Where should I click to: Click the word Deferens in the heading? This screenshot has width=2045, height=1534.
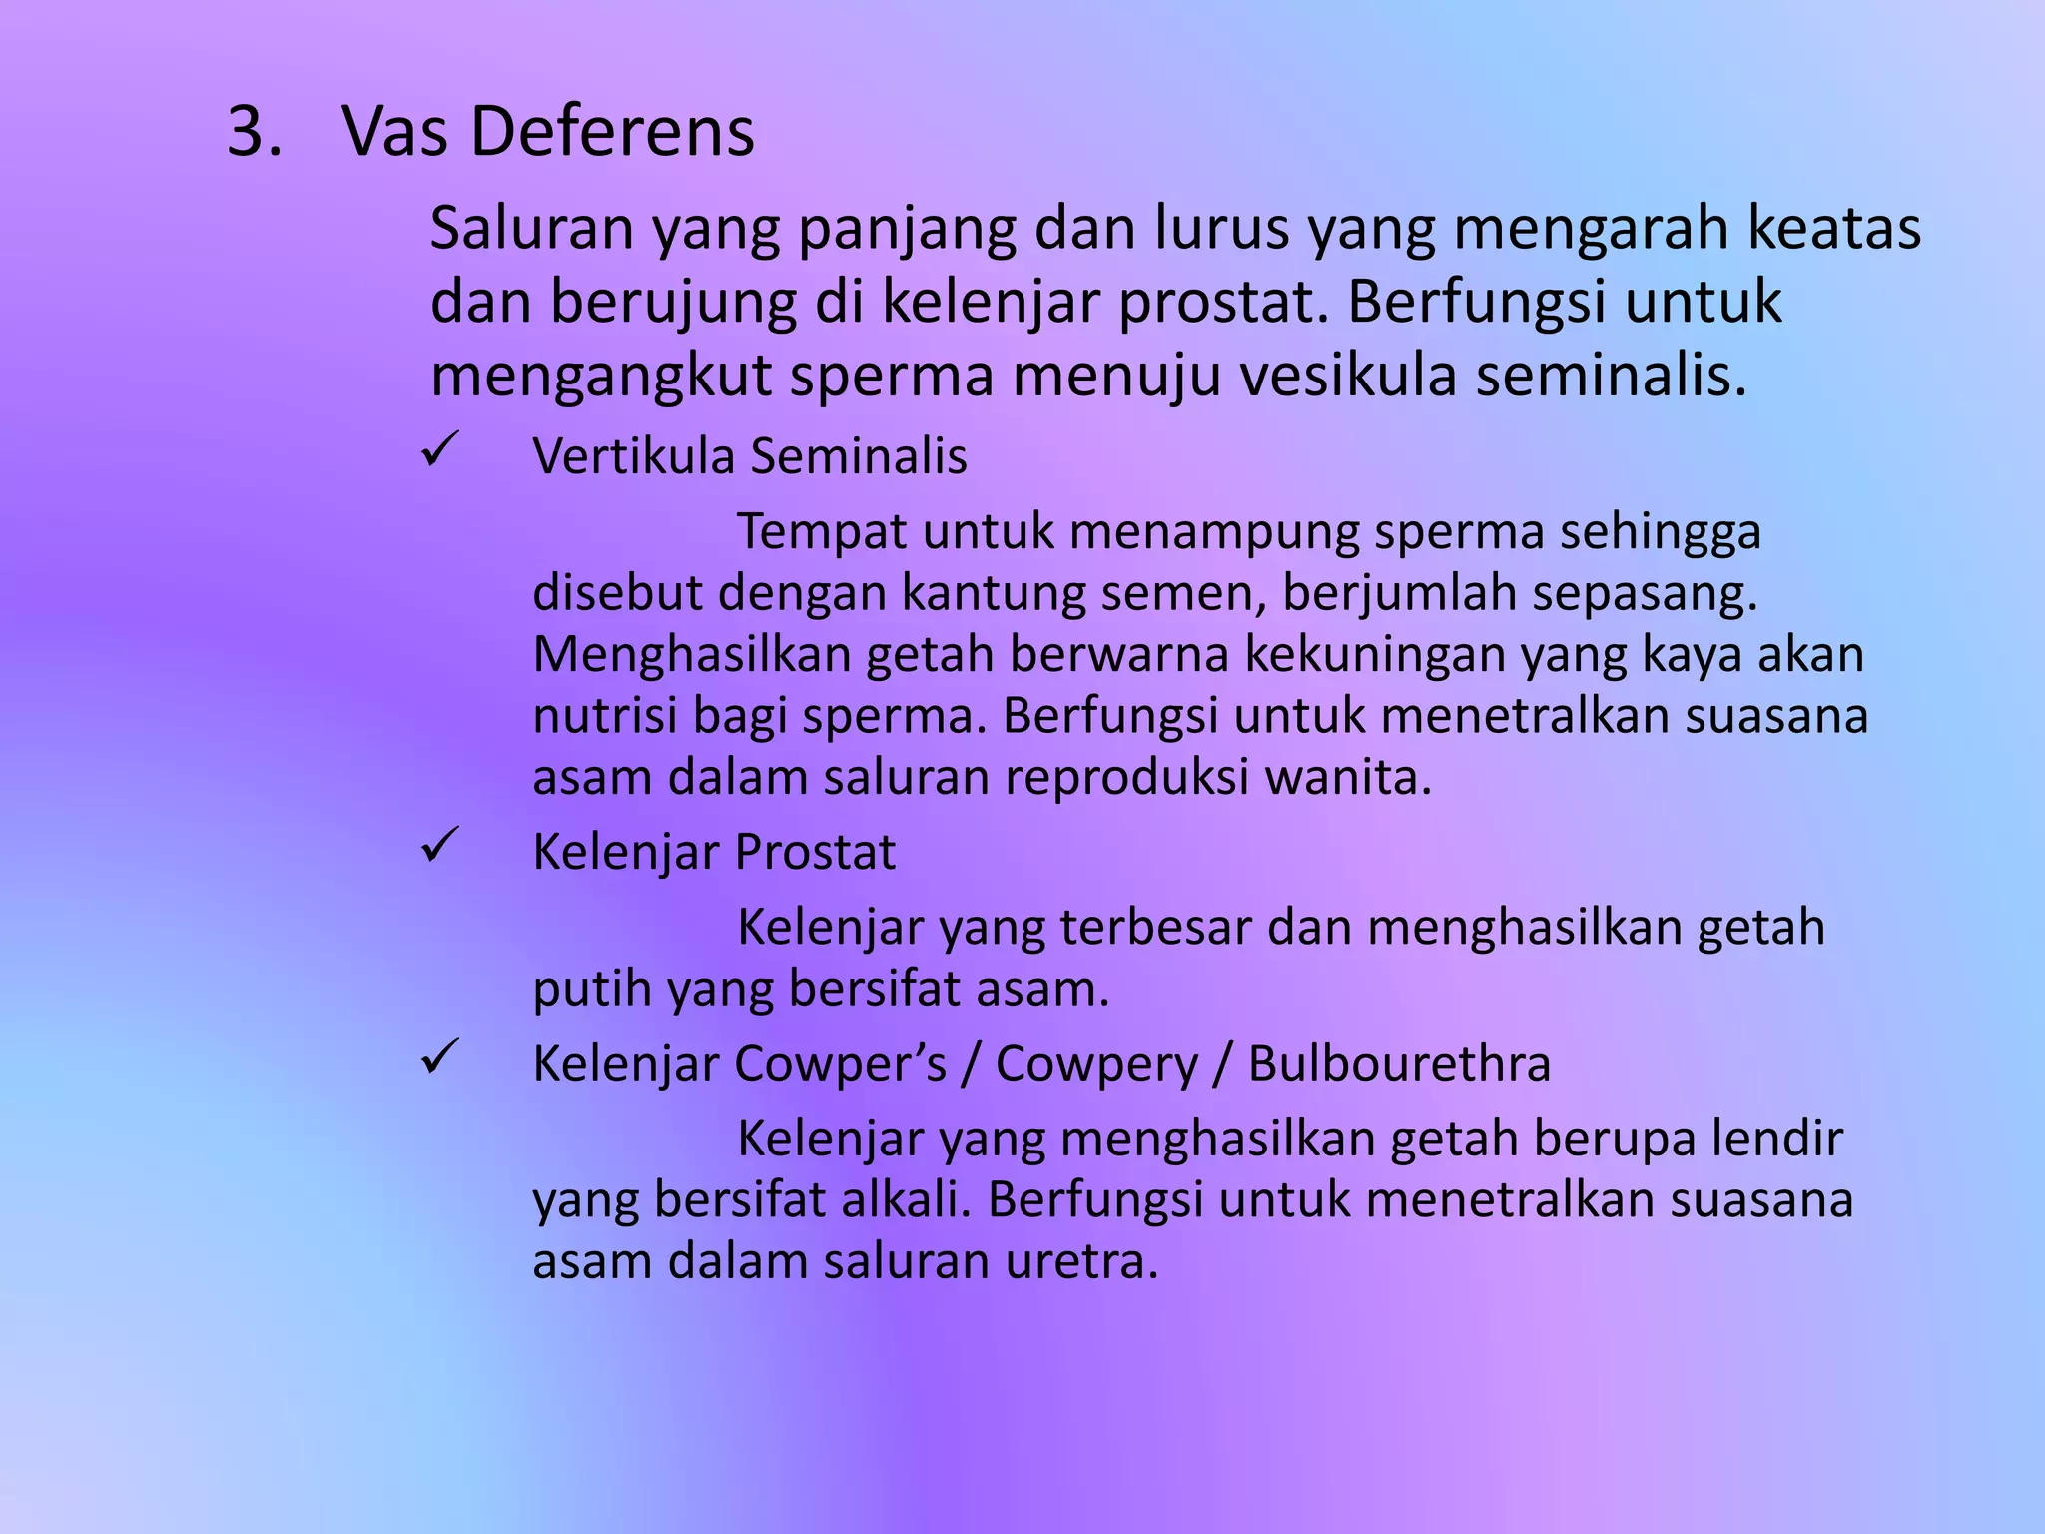[x=612, y=132]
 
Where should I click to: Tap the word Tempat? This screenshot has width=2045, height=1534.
[x=822, y=531]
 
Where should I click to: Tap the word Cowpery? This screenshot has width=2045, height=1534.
[x=1096, y=1064]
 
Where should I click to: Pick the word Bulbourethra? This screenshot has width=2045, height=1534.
[x=1399, y=1064]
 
